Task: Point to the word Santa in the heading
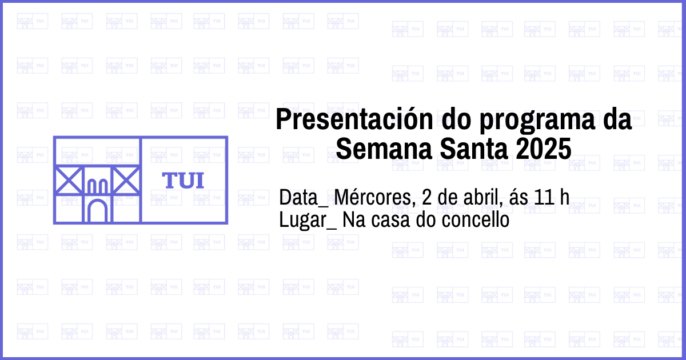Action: [x=474, y=149]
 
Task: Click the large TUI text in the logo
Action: [x=183, y=181]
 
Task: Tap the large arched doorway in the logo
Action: [x=97, y=210]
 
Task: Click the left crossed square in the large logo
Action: [x=69, y=181]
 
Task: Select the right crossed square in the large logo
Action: [x=126, y=181]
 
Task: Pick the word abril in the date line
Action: [x=483, y=197]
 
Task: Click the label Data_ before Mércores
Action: [x=304, y=198]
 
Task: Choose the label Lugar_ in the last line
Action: [x=308, y=221]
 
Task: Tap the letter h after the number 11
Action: [x=564, y=197]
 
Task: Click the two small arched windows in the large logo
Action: [x=97, y=186]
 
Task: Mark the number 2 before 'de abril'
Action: [x=427, y=197]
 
